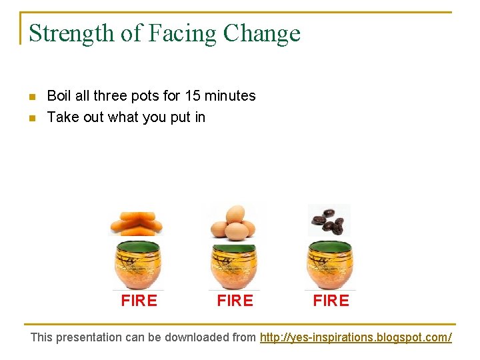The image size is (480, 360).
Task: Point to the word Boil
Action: coord(59,96)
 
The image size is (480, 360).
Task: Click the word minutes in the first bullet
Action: coord(230,96)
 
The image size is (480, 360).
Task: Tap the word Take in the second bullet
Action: coord(61,117)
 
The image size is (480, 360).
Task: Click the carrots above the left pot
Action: coord(136,223)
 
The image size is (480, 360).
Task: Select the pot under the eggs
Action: coord(234,265)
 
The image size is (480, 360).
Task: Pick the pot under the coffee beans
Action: coord(330,265)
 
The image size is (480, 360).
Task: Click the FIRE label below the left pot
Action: coord(139,301)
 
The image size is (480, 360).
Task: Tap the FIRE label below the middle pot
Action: coord(235,301)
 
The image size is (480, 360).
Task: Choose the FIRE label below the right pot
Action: coord(331,301)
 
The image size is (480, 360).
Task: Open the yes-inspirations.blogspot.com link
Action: coord(355,337)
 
